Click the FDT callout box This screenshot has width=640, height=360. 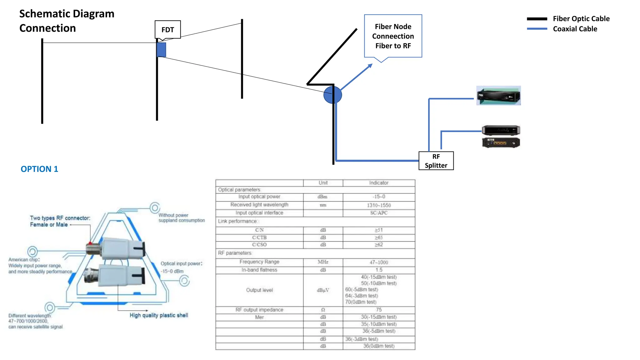167,30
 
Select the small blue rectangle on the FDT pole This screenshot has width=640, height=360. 161,50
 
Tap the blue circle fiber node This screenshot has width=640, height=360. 332,95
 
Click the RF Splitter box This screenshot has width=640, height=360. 436,161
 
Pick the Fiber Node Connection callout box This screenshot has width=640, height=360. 393,36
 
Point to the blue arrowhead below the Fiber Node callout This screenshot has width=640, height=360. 370,66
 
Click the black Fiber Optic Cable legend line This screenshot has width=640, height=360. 537,19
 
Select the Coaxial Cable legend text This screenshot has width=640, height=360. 575,29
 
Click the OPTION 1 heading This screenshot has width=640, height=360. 39,169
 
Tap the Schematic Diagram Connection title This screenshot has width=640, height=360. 67,21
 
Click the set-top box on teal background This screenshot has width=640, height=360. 498,96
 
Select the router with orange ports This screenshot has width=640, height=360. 501,143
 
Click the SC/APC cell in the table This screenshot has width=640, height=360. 379,213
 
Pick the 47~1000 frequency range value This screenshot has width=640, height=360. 379,262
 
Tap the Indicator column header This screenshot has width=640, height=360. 379,183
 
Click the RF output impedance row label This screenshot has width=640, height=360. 259,310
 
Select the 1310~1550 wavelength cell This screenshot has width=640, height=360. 379,205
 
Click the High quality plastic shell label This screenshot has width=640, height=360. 159,315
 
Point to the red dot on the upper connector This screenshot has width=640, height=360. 90,243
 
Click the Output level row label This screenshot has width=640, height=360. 259,290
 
